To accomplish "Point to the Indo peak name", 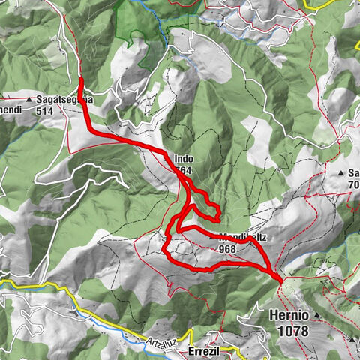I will click(184, 159).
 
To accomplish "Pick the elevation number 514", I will click(47, 109).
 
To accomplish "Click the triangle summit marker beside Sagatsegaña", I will click(29, 99).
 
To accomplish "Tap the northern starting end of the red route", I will click(80, 78).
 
